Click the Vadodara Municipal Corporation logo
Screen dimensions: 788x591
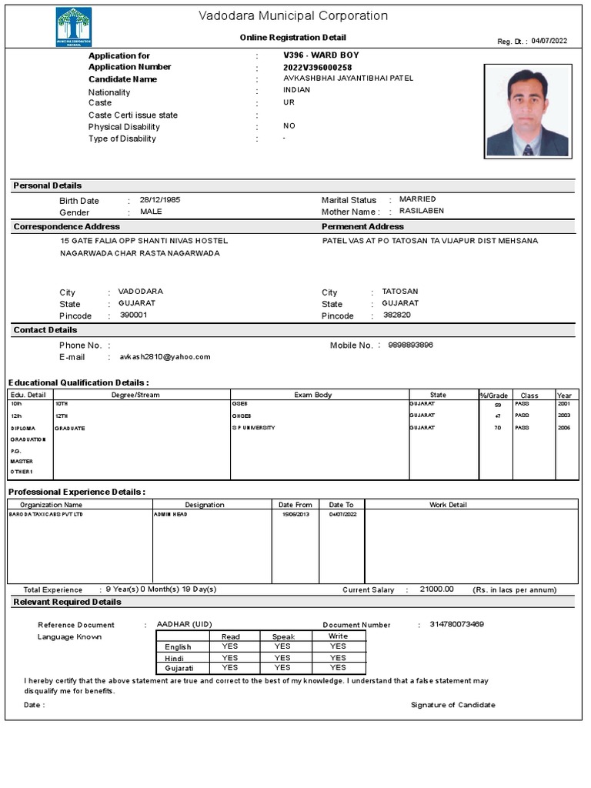[x=74, y=27]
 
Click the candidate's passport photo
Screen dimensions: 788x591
[x=527, y=111]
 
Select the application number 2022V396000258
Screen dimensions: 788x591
[x=317, y=68]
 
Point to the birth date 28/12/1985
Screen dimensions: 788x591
[x=160, y=200]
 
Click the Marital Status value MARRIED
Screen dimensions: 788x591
[x=417, y=199]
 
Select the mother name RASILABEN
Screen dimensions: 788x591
[x=421, y=211]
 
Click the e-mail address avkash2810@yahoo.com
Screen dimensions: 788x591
[x=165, y=357]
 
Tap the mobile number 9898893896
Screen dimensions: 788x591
[x=410, y=345]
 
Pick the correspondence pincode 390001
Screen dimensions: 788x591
[x=133, y=316]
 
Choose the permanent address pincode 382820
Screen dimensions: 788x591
[x=396, y=316]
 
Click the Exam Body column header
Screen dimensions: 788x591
[x=313, y=395]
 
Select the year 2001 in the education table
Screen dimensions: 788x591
[x=564, y=404]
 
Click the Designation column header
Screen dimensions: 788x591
[x=205, y=505]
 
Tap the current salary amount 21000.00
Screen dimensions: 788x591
[x=436, y=589]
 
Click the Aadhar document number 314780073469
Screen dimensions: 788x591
[x=456, y=624]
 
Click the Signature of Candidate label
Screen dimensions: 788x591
[x=452, y=705]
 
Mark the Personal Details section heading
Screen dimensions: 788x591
[x=48, y=185]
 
